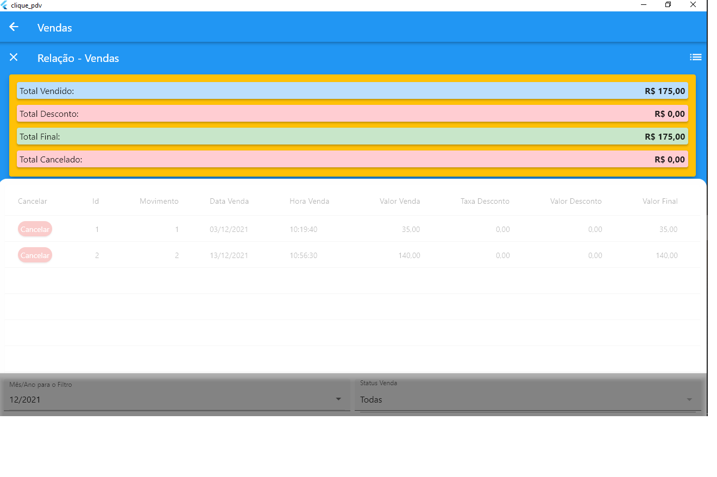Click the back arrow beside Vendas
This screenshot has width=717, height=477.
point(14,27)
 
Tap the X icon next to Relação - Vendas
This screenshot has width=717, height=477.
point(14,57)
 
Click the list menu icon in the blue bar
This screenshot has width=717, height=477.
point(696,57)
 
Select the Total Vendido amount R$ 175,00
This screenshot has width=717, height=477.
point(665,91)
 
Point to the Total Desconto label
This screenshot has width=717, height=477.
point(49,114)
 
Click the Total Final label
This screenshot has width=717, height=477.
point(40,137)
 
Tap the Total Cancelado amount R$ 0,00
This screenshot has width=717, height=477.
point(670,159)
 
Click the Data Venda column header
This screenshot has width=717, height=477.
point(229,202)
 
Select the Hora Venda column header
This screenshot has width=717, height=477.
point(309,202)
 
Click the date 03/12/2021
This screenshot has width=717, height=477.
point(229,230)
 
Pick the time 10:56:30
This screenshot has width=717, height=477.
point(304,255)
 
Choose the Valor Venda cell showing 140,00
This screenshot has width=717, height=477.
point(409,255)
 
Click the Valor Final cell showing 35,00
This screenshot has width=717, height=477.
point(668,230)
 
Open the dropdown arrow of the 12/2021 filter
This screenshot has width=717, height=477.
point(338,399)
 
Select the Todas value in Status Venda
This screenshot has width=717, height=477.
point(371,400)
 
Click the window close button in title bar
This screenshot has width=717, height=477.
point(693,4)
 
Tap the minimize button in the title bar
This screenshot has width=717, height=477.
point(644,5)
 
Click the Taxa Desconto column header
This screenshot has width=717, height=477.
point(485,202)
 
